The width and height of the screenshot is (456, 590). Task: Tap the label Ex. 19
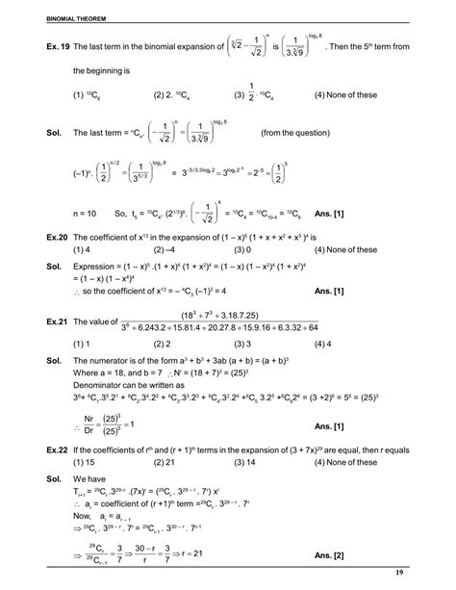click(34, 45)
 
